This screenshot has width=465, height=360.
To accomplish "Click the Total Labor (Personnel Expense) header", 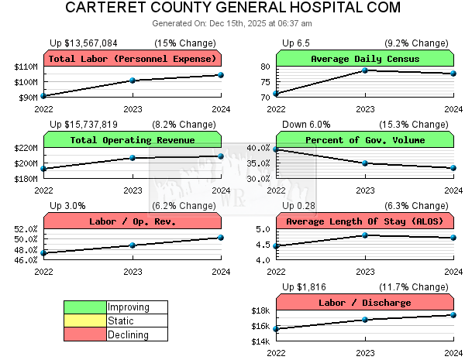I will point(133,59).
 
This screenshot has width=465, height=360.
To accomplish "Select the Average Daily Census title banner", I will point(365,59).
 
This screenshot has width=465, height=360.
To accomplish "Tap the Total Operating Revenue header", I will point(133,140).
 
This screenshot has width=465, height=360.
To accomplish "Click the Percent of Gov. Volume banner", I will point(365,140).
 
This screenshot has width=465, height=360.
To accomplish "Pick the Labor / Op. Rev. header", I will point(133,221).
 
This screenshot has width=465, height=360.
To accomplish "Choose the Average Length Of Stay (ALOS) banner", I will point(365,221).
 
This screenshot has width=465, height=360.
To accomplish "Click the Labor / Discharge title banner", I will point(365,302).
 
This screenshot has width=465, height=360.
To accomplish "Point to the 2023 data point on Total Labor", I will point(133,81).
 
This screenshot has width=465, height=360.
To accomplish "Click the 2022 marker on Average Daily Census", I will point(277,94).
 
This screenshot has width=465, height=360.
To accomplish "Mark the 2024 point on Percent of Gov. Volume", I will point(453,167).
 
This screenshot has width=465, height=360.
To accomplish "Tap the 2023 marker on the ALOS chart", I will point(365,235).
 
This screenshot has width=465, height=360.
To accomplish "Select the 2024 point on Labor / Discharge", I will point(453,314).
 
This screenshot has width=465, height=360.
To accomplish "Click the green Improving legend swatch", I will point(84,307).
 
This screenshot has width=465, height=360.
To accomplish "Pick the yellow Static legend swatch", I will point(84,321).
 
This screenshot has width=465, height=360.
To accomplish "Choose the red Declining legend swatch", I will point(84,334).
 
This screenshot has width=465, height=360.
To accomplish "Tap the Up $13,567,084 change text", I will point(84,43).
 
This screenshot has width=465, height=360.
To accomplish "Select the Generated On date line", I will point(232,23).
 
